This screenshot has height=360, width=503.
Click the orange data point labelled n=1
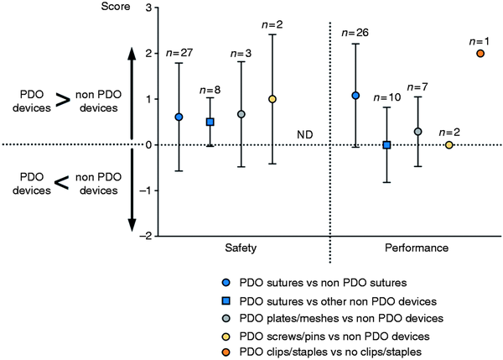coord(480,53)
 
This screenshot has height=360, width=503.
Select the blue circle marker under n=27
coord(179,117)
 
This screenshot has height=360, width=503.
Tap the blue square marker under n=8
coord(210,123)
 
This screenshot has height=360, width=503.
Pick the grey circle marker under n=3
coord(241,114)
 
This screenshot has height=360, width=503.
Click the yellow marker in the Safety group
coord(272,99)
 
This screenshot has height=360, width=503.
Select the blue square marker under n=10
coord(386,145)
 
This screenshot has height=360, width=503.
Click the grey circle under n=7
coord(417,132)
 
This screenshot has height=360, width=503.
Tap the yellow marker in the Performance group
coord(449,145)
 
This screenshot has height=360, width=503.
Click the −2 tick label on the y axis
coord(146,237)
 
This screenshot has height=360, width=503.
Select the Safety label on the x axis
coord(241,249)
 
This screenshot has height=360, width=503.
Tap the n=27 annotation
coord(178,52)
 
